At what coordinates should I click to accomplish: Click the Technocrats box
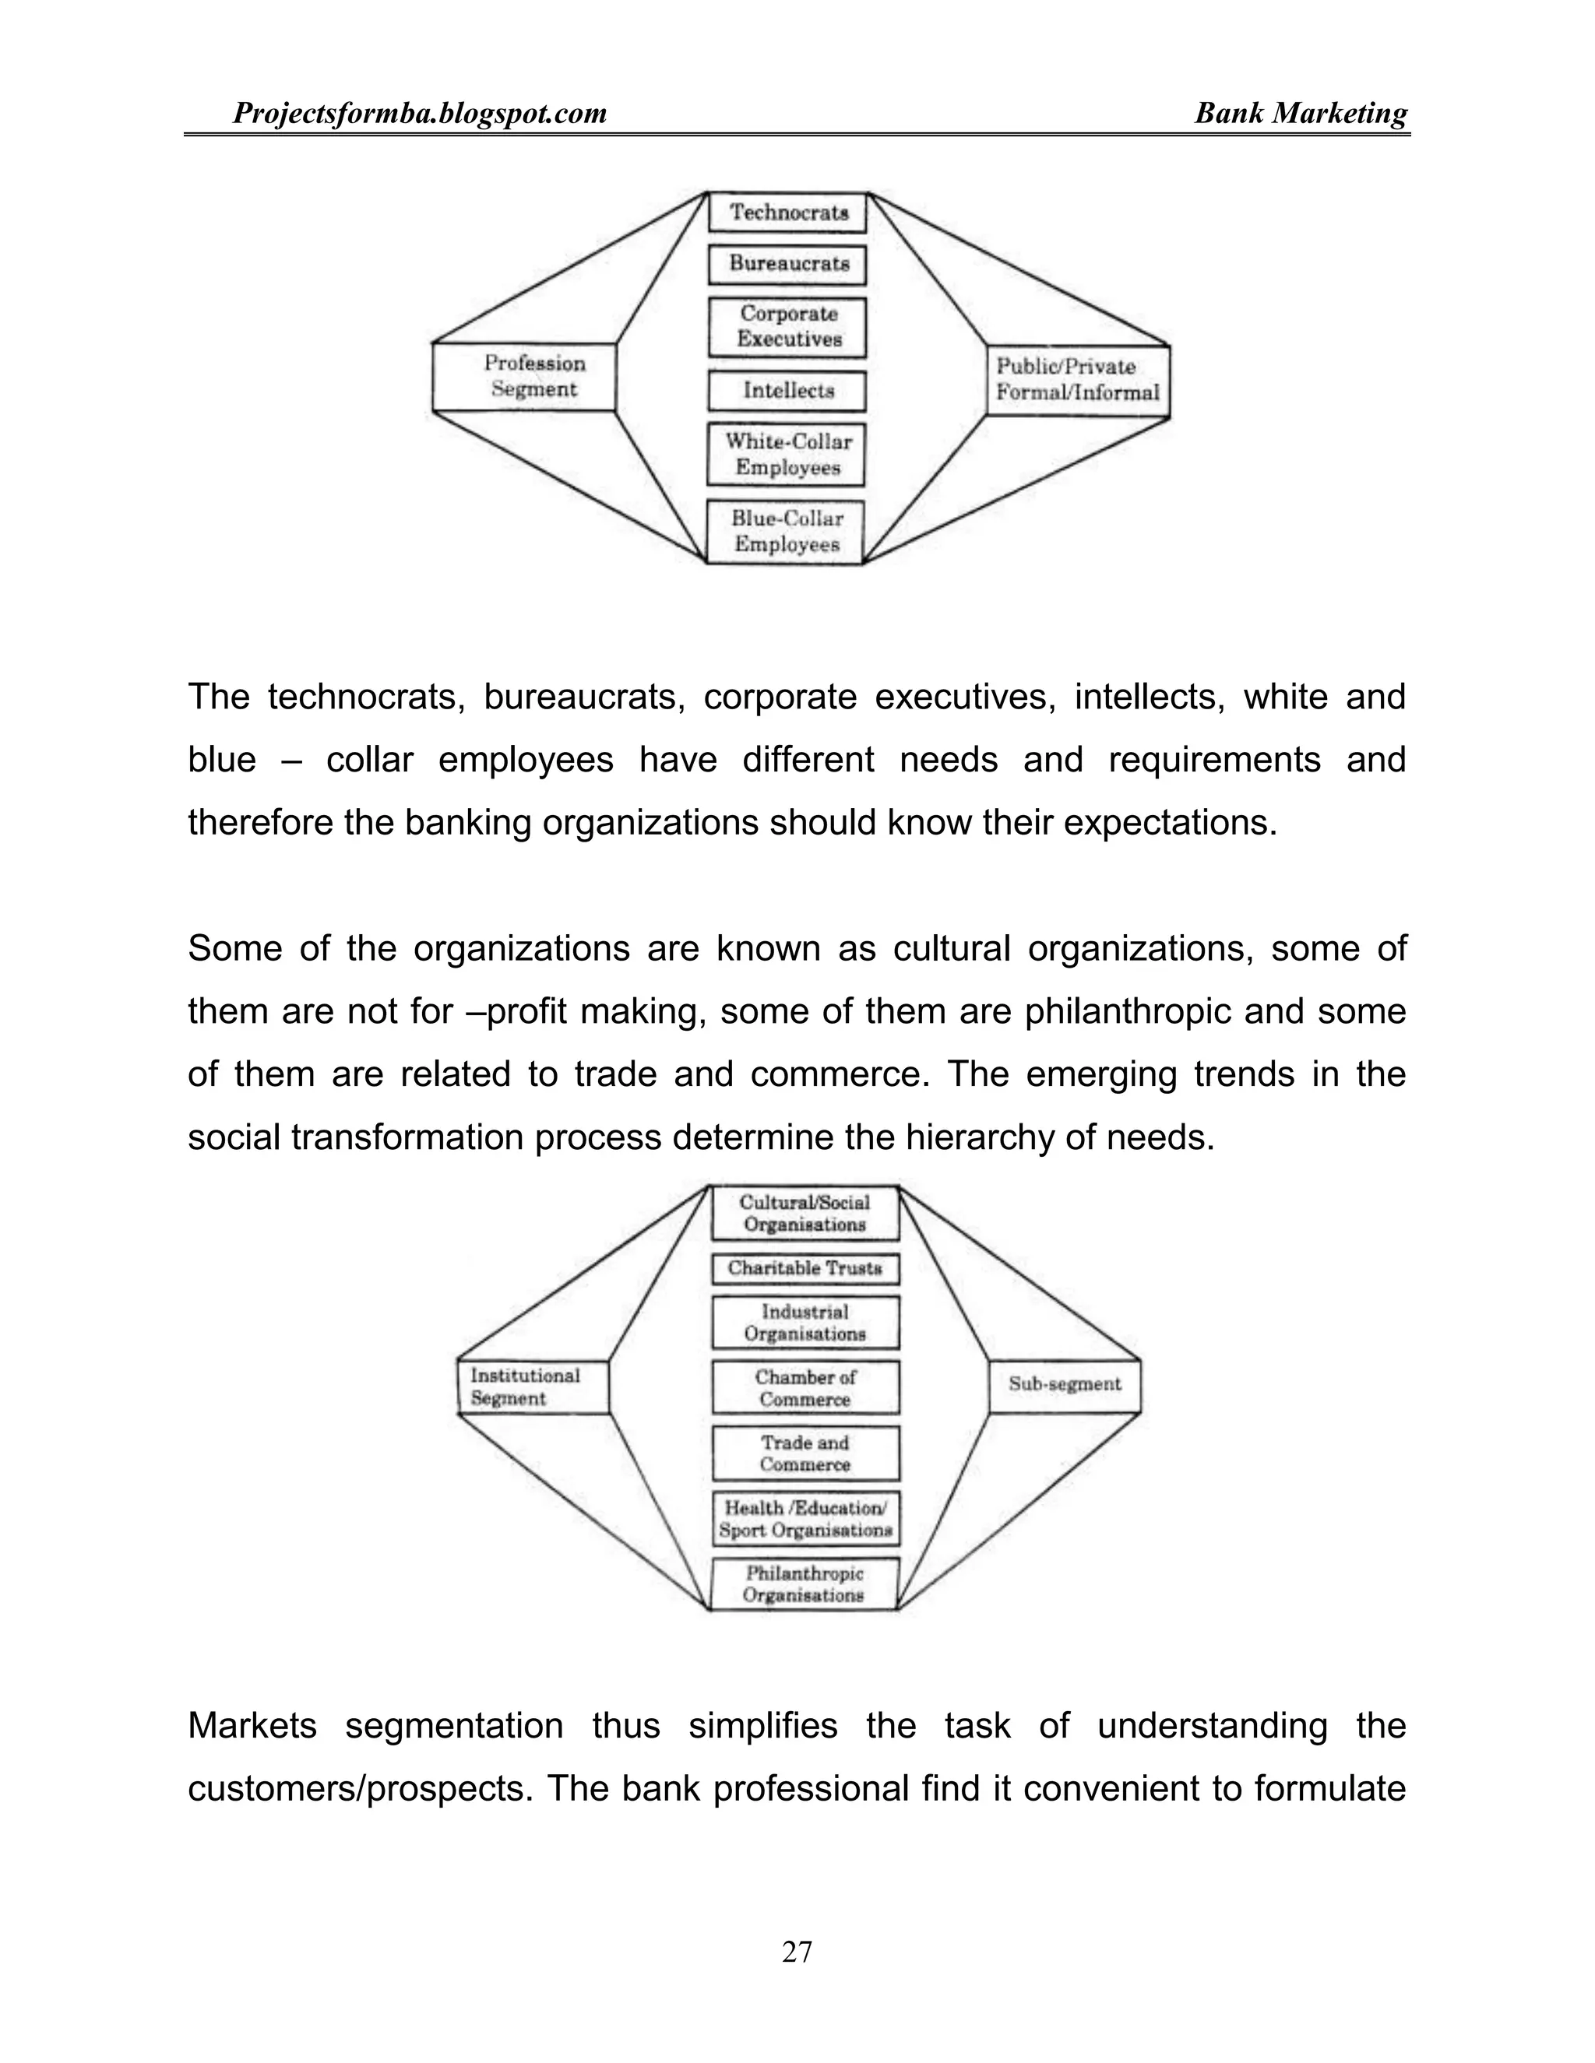pyautogui.click(x=787, y=213)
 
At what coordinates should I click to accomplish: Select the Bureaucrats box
pyautogui.click(x=787, y=264)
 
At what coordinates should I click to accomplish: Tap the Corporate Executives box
pyautogui.click(x=787, y=327)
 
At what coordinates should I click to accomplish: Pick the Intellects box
pyautogui.click(x=787, y=390)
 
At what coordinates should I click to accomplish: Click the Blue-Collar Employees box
pyautogui.click(x=786, y=531)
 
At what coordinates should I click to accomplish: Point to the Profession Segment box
pyautogui.click(x=524, y=376)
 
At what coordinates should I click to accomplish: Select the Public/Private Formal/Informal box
pyautogui.click(x=1077, y=380)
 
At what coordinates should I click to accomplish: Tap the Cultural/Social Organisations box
pyautogui.click(x=805, y=1213)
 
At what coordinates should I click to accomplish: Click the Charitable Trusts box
pyautogui.click(x=805, y=1269)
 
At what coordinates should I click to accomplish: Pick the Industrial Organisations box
pyautogui.click(x=805, y=1323)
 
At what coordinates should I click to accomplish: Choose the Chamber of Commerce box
pyautogui.click(x=805, y=1387)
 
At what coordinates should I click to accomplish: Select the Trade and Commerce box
pyautogui.click(x=805, y=1453)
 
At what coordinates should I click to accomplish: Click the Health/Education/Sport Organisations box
pyautogui.click(x=805, y=1519)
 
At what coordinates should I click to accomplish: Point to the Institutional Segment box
pyautogui.click(x=533, y=1386)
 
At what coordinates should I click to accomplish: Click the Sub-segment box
pyautogui.click(x=1065, y=1385)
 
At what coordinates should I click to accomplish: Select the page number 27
pyautogui.click(x=797, y=1952)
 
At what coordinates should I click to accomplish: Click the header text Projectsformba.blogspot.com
pyautogui.click(x=420, y=114)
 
